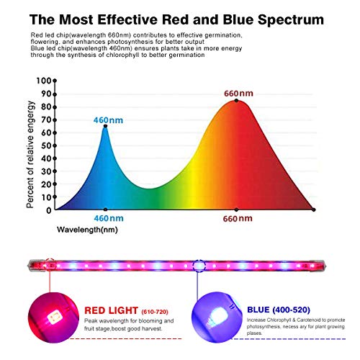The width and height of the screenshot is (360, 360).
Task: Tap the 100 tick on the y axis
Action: pyautogui.click(x=45, y=81)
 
